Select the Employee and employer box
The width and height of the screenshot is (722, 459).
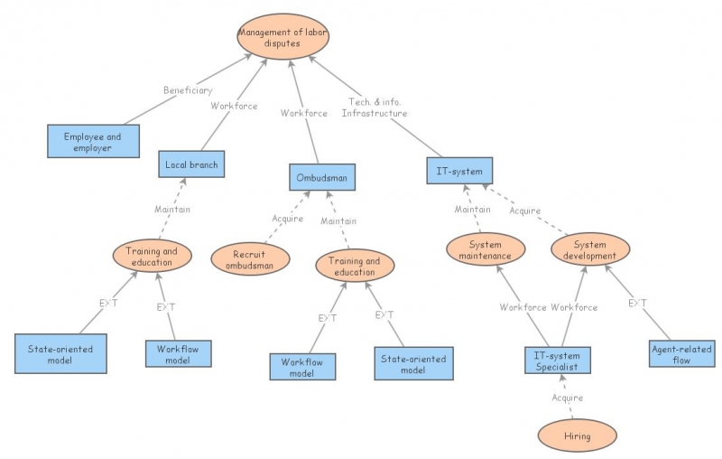tap(95, 141)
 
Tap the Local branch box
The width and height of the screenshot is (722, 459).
tap(191, 164)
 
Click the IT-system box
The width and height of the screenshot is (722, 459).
tap(459, 170)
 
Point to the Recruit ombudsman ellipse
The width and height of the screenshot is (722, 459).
tap(250, 259)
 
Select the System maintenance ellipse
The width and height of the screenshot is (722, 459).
tap(484, 249)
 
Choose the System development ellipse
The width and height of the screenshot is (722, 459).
tap(589, 249)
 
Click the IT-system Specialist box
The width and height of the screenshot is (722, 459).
tap(558, 360)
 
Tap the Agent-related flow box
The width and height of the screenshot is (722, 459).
tap(682, 354)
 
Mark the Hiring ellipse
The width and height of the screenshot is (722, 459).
tap(577, 436)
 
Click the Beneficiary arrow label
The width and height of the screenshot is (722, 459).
tap(188, 90)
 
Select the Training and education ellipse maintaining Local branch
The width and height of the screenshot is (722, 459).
tap(153, 255)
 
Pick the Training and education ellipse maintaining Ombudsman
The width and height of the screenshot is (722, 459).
tap(355, 266)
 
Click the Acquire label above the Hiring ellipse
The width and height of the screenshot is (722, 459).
tap(567, 398)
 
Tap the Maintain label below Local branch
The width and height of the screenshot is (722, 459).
tap(171, 210)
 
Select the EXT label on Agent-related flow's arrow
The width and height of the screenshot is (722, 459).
tap(637, 303)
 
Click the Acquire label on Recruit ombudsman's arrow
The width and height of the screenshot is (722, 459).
tap(287, 219)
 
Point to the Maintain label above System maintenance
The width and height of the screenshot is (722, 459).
tap(472, 211)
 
